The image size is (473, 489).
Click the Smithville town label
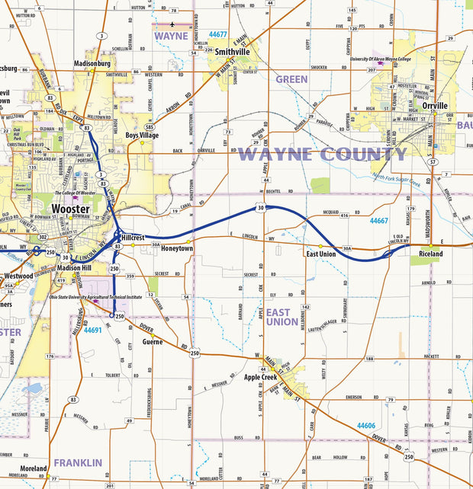(233, 52)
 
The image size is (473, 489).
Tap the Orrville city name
(435, 106)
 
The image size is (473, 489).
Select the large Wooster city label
(71, 209)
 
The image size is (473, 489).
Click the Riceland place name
(430, 254)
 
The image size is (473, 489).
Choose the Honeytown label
(177, 249)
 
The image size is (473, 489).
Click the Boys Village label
(142, 135)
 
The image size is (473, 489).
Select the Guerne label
(153, 342)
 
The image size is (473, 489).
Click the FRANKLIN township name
(77, 462)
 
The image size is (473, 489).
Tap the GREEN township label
(291, 79)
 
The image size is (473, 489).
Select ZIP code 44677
(217, 35)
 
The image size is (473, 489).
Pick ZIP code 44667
(379, 221)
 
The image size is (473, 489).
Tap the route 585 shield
(150, 126)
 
